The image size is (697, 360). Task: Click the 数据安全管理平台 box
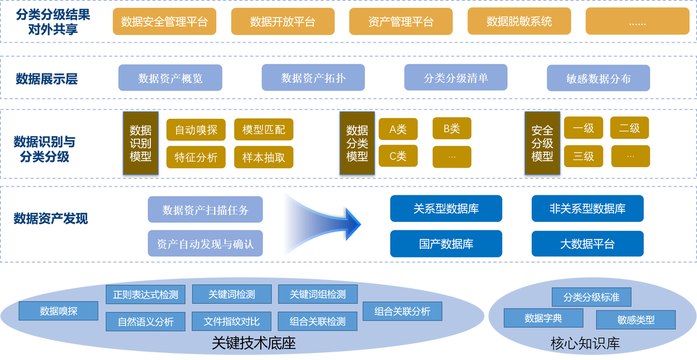[164, 21]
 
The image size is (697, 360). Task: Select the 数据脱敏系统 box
[519, 21]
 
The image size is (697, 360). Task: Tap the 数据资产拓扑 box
[313, 78]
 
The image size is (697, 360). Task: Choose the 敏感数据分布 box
[598, 78]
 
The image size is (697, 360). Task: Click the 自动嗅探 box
[196, 130]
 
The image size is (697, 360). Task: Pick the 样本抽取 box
[263, 157]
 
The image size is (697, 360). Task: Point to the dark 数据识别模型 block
[140, 143]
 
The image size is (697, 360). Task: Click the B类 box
[451, 128]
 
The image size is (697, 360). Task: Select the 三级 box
[583, 156]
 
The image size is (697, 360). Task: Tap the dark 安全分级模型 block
[542, 143]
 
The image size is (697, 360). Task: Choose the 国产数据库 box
[446, 244]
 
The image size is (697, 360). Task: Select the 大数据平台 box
[587, 244]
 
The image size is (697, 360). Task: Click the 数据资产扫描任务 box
[205, 210]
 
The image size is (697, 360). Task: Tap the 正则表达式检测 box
[145, 294]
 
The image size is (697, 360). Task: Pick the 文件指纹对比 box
[232, 321]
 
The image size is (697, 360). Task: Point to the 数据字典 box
[543, 318]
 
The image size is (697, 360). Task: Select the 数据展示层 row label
[46, 79]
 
